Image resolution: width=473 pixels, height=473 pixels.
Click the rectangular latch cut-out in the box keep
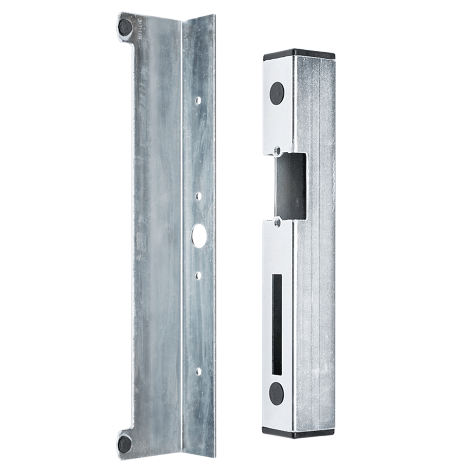pos(289,185)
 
